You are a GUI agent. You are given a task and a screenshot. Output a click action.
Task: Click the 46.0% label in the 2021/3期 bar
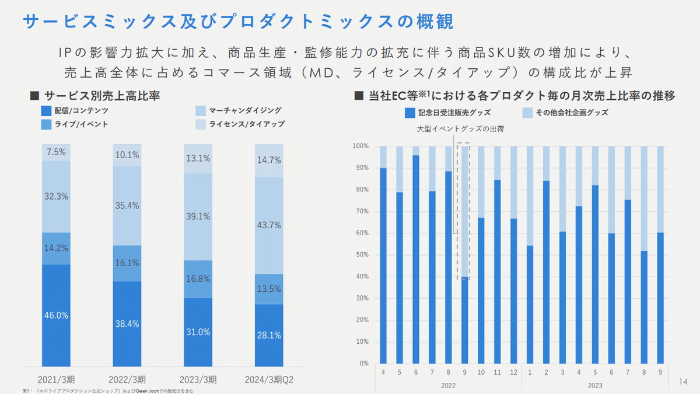pos(57,315)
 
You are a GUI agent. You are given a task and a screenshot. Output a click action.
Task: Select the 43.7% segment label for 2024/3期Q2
pos(269,225)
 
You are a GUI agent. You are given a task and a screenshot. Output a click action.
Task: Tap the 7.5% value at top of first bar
pos(57,152)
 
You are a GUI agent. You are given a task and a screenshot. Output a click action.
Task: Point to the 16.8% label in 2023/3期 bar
pos(198,278)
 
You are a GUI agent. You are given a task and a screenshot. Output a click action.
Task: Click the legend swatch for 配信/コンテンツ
pos(46,110)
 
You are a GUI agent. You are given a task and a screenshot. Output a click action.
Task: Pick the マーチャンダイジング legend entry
pos(245,110)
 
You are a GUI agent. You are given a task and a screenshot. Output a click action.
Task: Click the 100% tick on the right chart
pos(361,146)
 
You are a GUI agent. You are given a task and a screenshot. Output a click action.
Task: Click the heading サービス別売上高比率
pos(103,95)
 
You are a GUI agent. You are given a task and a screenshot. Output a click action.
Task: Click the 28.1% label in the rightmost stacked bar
pos(269,336)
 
